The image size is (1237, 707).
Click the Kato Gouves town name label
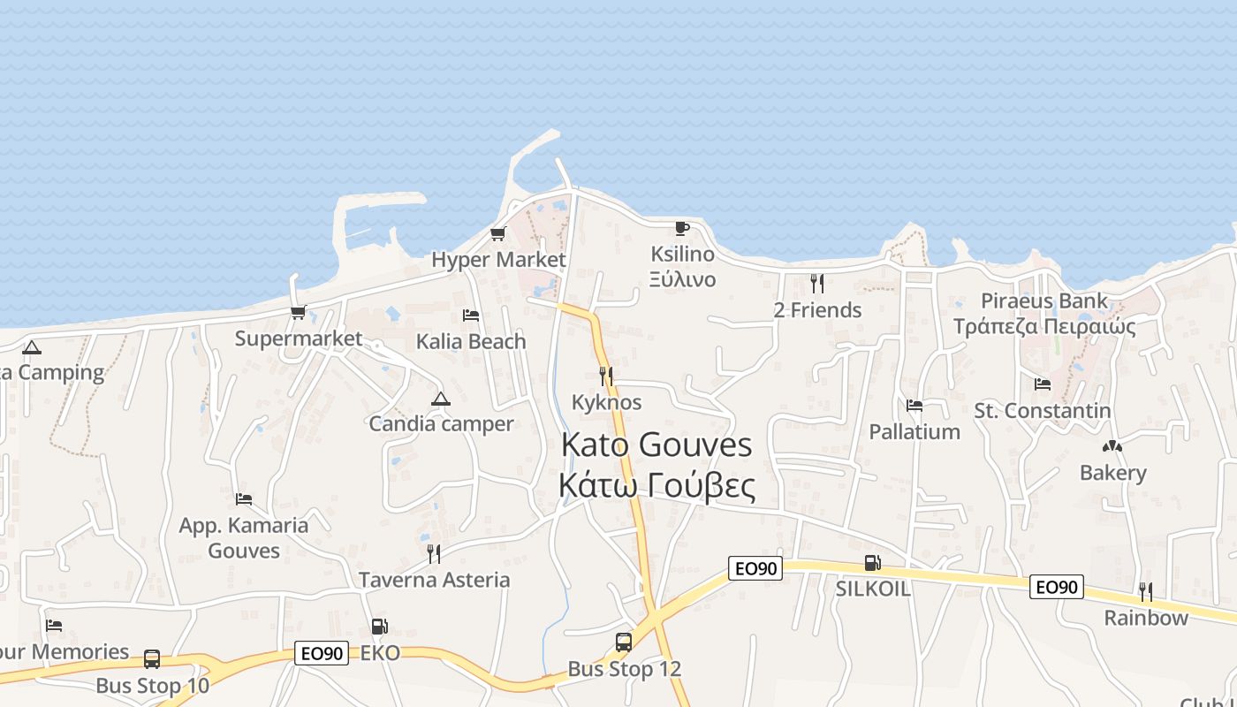pyautogui.click(x=656, y=445)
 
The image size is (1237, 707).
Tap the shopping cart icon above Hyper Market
pyautogui.click(x=497, y=234)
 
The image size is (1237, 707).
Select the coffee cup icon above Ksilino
pyautogui.click(x=681, y=228)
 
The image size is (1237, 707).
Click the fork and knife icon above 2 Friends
pyautogui.click(x=817, y=284)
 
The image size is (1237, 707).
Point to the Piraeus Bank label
pyautogui.click(x=1043, y=300)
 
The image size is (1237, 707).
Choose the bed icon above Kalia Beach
pyautogui.click(x=471, y=315)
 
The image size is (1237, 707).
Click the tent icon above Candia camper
pyautogui.click(x=441, y=399)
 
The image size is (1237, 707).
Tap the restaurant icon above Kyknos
pyautogui.click(x=606, y=376)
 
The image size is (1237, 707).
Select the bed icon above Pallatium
pyautogui.click(x=914, y=406)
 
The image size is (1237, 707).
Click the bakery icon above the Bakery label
pyautogui.click(x=1112, y=447)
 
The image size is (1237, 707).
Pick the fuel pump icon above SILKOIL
pyautogui.click(x=872, y=563)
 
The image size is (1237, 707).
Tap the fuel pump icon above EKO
pyautogui.click(x=379, y=627)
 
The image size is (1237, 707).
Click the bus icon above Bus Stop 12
pyautogui.click(x=624, y=642)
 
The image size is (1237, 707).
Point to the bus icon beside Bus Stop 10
pyautogui.click(x=152, y=658)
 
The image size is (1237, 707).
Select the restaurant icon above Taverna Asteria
pyautogui.click(x=434, y=554)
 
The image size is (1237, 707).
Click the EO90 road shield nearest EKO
pyautogui.click(x=322, y=653)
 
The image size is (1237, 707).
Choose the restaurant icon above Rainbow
pyautogui.click(x=1145, y=591)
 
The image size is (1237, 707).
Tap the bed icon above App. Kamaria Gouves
pyautogui.click(x=244, y=499)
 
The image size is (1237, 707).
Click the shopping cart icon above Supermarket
pyautogui.click(x=299, y=313)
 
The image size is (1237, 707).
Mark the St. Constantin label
pyautogui.click(x=1043, y=410)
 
